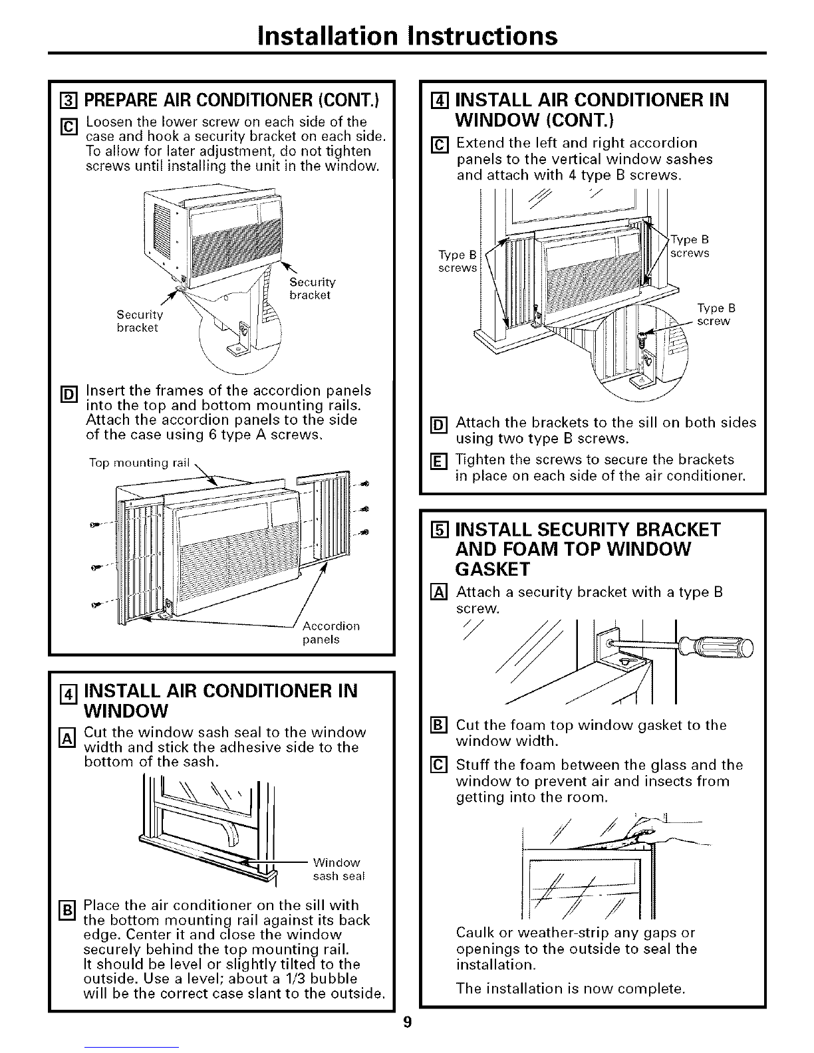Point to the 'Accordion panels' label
331,632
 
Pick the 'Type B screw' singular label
716,314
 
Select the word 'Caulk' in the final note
474,932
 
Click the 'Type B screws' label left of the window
458,261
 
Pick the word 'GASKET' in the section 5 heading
492,569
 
